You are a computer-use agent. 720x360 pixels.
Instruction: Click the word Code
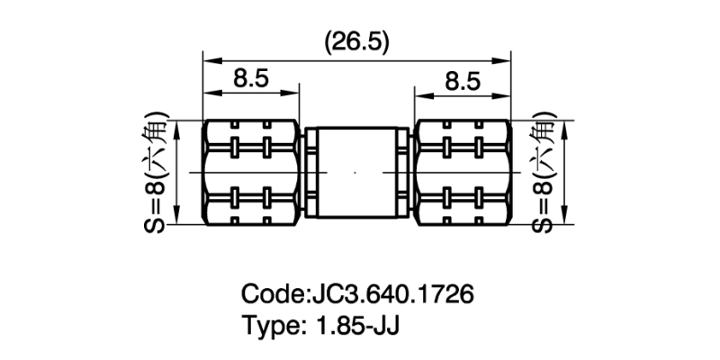coord(272,294)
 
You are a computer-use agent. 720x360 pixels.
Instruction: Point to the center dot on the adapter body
coord(355,171)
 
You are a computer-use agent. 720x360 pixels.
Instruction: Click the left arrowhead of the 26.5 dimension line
coord(207,60)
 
